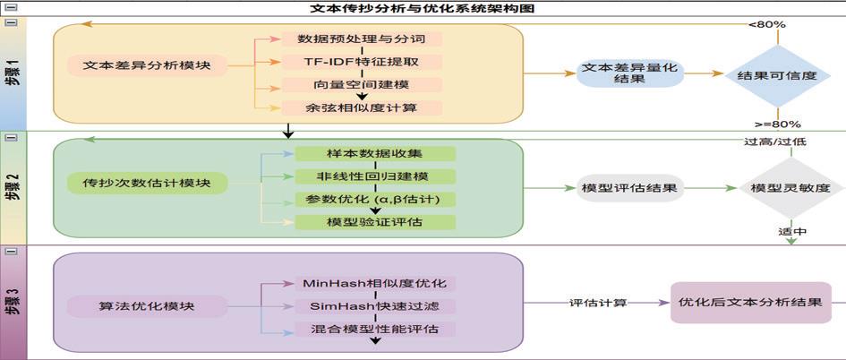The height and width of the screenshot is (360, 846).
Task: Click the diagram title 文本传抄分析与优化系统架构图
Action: click(x=423, y=8)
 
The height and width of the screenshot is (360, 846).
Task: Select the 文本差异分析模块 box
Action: click(x=148, y=65)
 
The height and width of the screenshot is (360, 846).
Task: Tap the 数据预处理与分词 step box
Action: click(x=362, y=40)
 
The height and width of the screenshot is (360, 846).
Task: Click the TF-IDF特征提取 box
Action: click(x=362, y=63)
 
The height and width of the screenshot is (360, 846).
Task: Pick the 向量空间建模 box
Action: click(x=362, y=85)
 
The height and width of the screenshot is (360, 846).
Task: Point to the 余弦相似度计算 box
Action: click(x=362, y=108)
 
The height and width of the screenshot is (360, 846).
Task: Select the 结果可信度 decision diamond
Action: click(x=776, y=76)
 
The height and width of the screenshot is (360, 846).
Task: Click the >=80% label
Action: click(x=778, y=124)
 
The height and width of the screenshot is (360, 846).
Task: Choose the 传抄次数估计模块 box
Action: click(x=147, y=184)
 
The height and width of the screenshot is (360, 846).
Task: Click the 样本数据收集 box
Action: click(x=375, y=154)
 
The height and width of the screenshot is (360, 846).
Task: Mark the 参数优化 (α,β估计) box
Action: click(x=375, y=199)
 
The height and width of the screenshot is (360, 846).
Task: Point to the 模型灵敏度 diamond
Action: click(x=790, y=189)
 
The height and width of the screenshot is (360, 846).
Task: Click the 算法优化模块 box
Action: click(x=147, y=306)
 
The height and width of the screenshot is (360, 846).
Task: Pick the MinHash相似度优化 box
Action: click(x=375, y=284)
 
